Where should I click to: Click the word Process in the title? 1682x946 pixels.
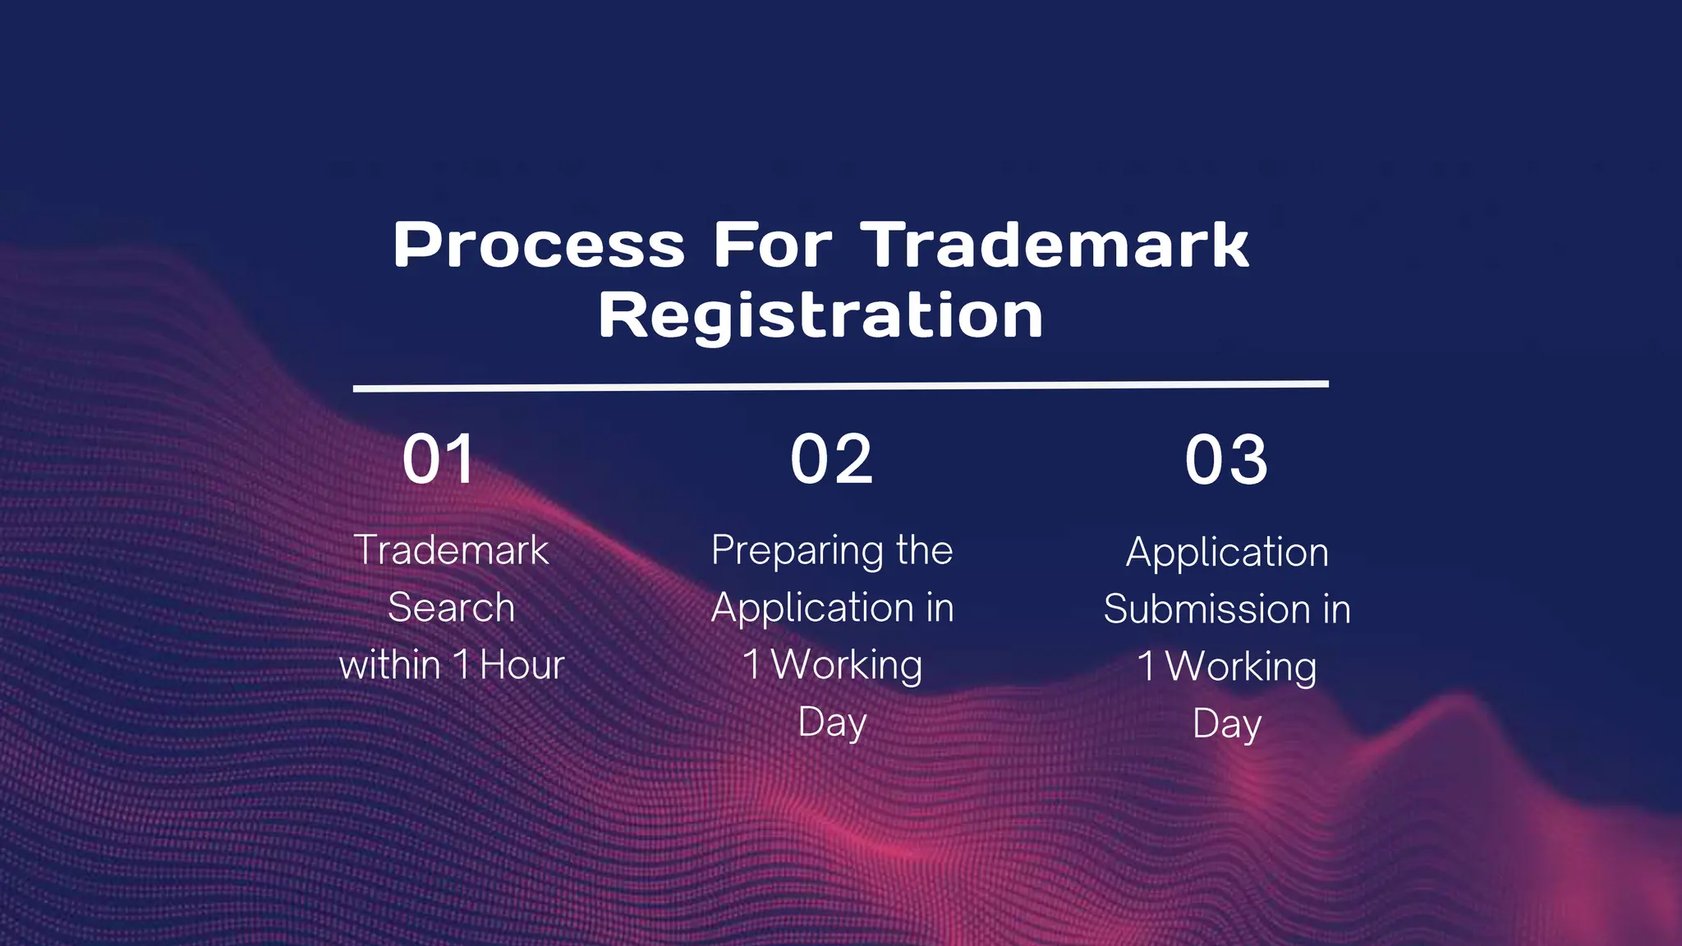(539, 246)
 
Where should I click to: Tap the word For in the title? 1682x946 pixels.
(772, 245)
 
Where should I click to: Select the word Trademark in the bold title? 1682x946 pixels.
(1055, 245)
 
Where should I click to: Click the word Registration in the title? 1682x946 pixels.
(820, 315)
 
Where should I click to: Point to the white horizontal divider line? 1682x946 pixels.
(840, 386)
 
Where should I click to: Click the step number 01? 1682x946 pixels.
(439, 460)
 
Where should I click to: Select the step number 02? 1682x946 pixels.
(831, 460)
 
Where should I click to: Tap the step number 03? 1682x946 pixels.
(1226, 460)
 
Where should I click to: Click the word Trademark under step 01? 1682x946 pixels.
(451, 550)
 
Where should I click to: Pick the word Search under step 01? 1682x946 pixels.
(451, 608)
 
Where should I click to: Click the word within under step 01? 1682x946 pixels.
(390, 665)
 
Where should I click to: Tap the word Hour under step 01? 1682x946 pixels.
(522, 665)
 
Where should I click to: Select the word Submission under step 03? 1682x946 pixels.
(1206, 609)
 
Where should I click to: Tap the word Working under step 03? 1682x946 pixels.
(1241, 668)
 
